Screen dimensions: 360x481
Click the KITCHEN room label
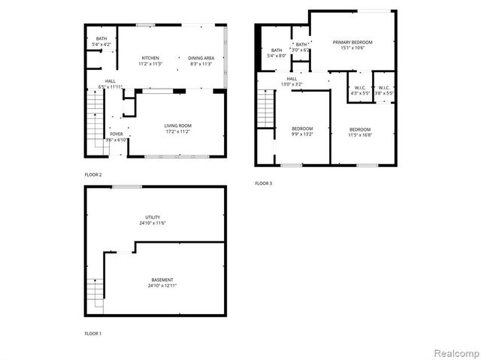[x=149, y=58]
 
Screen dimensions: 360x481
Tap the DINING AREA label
[x=201, y=58]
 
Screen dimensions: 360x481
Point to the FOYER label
[x=116, y=134]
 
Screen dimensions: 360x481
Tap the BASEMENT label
[x=162, y=280]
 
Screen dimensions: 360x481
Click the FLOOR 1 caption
[x=94, y=333]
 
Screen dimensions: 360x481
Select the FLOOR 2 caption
[x=94, y=174]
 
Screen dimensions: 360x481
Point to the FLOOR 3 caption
[x=264, y=183]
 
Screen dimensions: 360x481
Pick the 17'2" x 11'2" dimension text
[x=178, y=132]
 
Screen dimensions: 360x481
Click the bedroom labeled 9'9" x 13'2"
[x=302, y=132]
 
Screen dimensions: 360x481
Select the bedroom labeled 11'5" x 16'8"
[x=359, y=132]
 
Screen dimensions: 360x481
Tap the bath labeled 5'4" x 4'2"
[x=101, y=41]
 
